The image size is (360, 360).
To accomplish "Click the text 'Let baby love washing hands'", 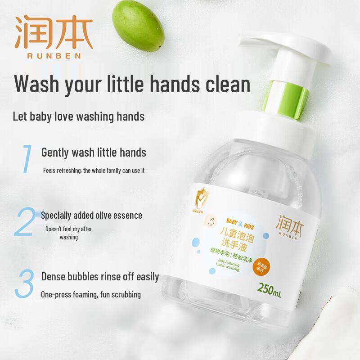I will point(78,117).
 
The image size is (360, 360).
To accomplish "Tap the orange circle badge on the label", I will point(297,267).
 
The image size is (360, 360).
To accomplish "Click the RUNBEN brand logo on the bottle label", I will point(291,224).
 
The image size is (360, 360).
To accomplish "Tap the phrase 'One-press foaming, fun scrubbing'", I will point(91,295).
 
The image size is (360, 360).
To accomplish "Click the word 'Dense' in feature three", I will point(55,276).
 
